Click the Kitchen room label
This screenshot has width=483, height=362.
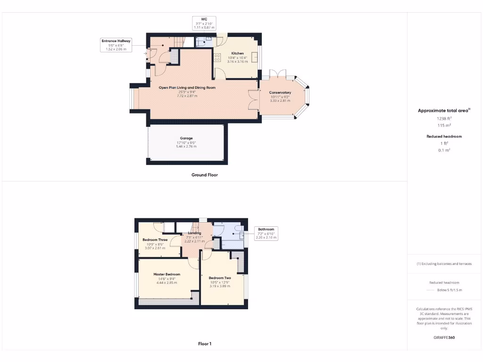(237, 53)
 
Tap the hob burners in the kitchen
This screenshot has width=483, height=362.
(217, 58)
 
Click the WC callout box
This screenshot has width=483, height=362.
(204, 24)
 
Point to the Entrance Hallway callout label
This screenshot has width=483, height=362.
(116, 45)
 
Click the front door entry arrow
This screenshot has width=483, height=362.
(145, 53)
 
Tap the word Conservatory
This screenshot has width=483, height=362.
(280, 92)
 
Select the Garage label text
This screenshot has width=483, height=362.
(186, 138)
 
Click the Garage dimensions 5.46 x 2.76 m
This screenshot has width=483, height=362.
(186, 147)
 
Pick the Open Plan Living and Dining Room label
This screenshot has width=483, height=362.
(187, 88)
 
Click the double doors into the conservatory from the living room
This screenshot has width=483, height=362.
(254, 100)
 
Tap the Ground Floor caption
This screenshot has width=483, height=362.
(205, 175)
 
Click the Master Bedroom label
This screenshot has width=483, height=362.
(167, 274)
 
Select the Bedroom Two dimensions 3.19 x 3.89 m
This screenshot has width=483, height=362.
(220, 286)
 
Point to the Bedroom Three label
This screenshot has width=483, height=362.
(155, 240)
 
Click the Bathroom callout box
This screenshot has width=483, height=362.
(266, 233)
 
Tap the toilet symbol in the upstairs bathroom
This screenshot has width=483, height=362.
(238, 233)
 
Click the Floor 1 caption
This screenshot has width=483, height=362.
(205, 344)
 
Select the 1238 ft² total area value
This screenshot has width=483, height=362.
(444, 119)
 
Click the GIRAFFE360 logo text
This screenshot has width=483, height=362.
(444, 337)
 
